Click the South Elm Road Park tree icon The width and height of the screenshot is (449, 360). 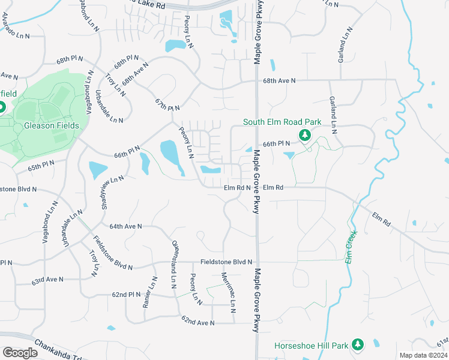click(x=304, y=135)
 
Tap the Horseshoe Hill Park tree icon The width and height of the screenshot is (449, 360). click(x=358, y=344)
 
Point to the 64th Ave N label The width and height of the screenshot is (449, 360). click(x=125, y=226)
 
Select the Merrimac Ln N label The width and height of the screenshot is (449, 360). click(x=228, y=293)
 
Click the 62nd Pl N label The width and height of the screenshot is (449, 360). click(x=125, y=295)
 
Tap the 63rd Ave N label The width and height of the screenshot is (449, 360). click(x=48, y=280)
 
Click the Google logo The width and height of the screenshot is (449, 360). click(x=20, y=353)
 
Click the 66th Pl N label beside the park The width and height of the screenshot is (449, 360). click(x=277, y=144)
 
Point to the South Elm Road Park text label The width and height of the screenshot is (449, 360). click(x=282, y=122)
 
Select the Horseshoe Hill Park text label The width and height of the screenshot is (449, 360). click(x=311, y=346)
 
